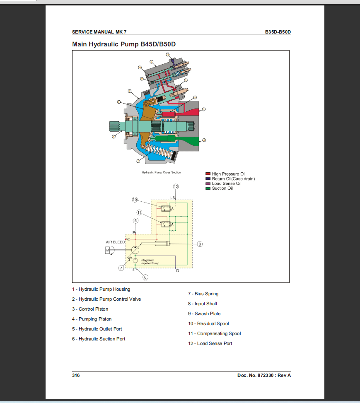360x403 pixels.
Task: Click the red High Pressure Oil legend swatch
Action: [208, 174]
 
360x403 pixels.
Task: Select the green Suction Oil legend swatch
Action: [208, 188]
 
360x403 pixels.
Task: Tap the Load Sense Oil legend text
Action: [226, 183]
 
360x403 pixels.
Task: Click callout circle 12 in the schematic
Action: [176, 186]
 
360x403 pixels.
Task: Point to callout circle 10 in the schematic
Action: [135, 200]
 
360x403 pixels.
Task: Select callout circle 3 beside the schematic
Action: [200, 244]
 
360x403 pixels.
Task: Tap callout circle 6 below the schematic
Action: [145, 277]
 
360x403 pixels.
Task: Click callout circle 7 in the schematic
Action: [121, 268]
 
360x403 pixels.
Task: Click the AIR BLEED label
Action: [115, 242]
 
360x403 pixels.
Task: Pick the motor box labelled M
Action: [107, 250]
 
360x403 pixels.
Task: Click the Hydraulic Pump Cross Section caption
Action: [161, 172]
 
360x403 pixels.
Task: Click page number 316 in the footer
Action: [76, 375]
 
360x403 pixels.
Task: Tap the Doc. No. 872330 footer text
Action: [264, 375]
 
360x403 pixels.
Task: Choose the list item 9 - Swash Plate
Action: [204, 314]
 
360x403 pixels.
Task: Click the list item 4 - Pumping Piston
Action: [92, 319]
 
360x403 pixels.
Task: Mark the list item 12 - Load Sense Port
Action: [210, 343]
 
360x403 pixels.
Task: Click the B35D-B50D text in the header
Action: [278, 32]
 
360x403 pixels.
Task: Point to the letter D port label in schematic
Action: [177, 270]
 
